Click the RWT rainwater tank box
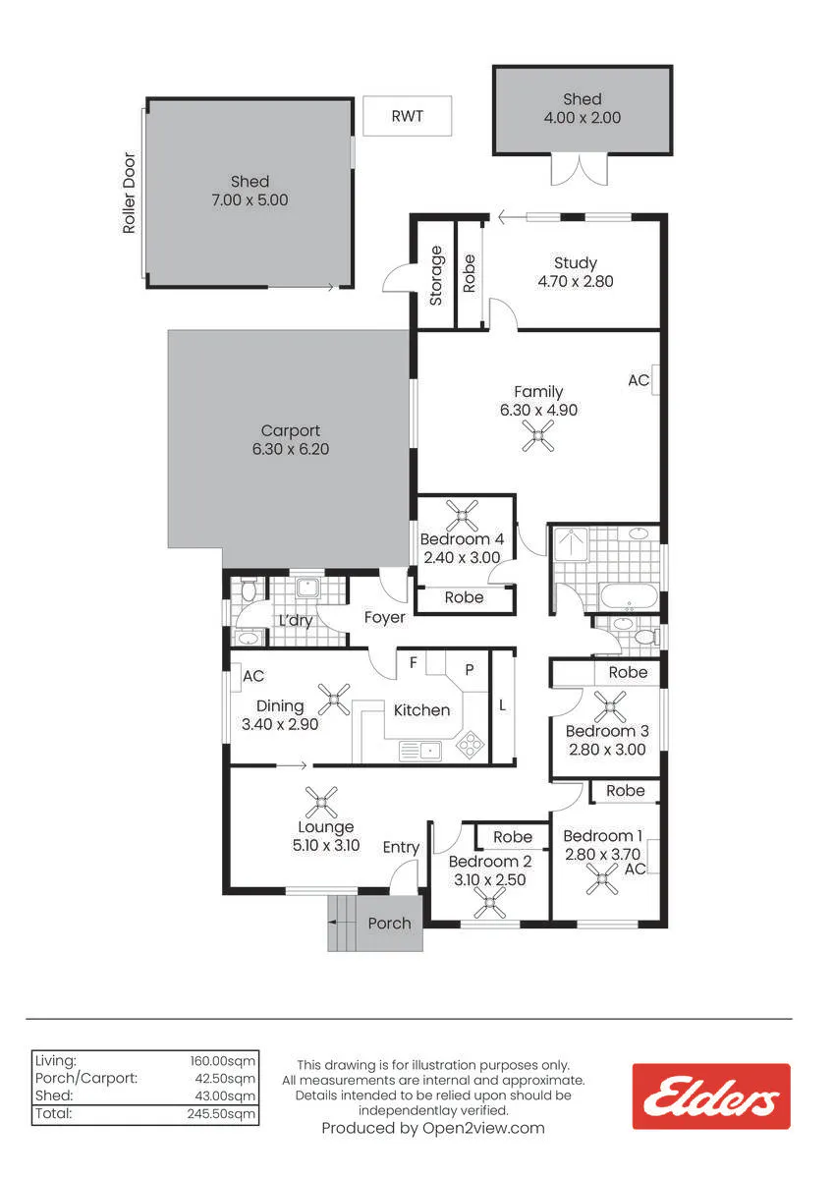pos(408,116)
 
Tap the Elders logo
pos(711,1096)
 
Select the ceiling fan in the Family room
pos(537,436)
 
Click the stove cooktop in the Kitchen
pos(470,745)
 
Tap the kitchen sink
pos(419,751)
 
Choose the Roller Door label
pos(129,193)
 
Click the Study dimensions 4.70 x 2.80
pos(576,281)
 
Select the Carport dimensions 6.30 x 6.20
pos(291,449)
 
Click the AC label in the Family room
pos(639,380)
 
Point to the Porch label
pos(389,924)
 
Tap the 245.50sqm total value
pos(221,1114)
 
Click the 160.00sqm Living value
pos(223,1060)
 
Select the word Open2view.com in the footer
pos(483,1128)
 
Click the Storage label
pos(436,276)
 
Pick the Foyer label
pos(385,617)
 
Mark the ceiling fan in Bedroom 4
pos(462,516)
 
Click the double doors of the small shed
pos(579,169)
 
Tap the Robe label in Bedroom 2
pos(513,837)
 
